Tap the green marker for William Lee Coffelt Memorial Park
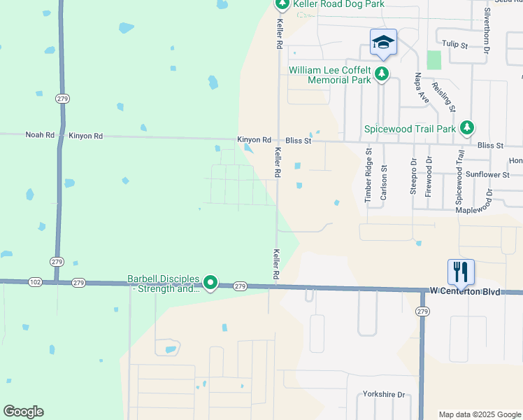point(382,73)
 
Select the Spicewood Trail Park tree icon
point(467,127)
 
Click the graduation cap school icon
point(383,43)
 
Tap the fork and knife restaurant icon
point(461,272)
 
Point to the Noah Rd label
point(39,135)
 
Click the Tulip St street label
point(454,44)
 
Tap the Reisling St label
point(444,96)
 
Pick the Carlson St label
point(383,183)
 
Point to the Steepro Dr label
point(413,179)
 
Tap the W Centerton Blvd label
point(465,291)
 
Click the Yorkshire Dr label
point(384,395)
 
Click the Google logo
point(23,412)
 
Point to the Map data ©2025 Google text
point(479,414)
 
